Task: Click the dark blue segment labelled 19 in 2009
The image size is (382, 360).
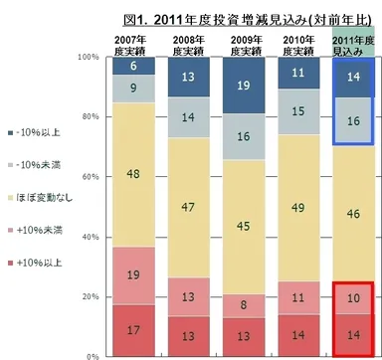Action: tap(243, 86)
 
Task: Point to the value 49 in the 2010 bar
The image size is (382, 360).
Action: tap(296, 178)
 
